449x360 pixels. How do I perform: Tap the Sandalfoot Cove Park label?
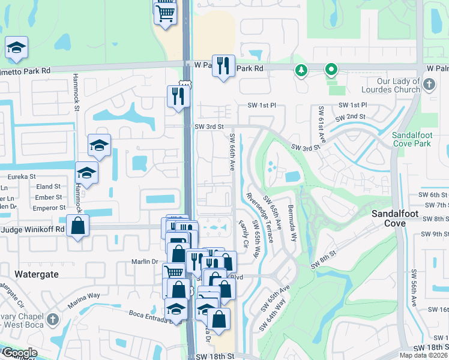(x=412, y=140)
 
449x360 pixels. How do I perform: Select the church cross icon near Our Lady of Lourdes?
(x=429, y=85)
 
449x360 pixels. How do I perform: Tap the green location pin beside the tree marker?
(x=330, y=71)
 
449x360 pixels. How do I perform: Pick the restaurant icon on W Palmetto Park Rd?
(x=223, y=65)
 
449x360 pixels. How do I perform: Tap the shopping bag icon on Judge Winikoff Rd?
(x=77, y=226)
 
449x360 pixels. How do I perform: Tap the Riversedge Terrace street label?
(x=260, y=217)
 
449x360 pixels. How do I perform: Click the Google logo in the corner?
(x=20, y=353)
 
